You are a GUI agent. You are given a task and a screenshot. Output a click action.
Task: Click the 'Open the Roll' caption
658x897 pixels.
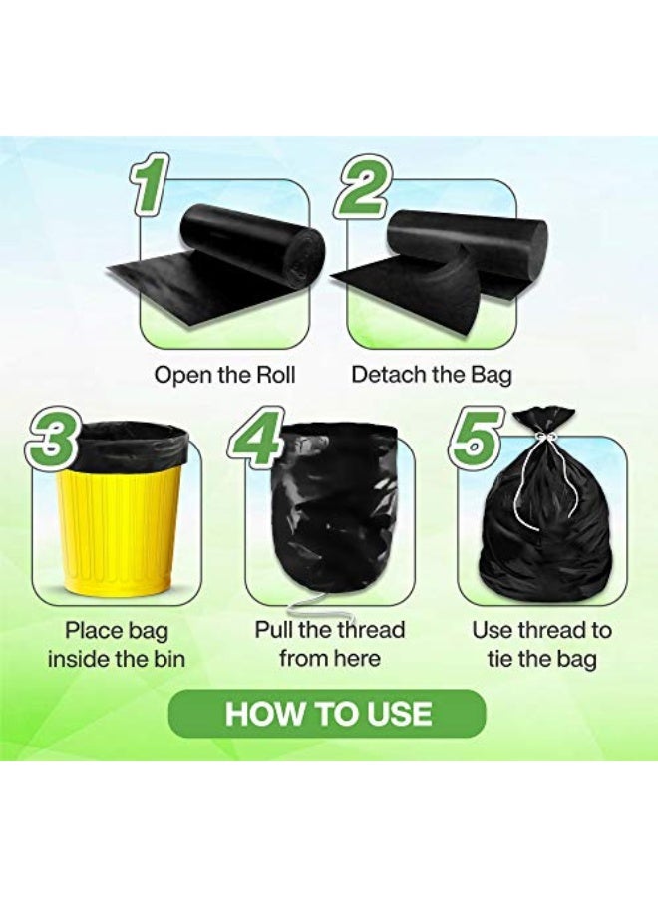point(224,376)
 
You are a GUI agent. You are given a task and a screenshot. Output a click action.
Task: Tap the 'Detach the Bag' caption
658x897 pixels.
point(432,376)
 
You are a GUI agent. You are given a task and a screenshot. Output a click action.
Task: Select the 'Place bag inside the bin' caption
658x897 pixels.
point(117,644)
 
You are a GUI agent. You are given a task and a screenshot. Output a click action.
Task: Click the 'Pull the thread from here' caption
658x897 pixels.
point(330,644)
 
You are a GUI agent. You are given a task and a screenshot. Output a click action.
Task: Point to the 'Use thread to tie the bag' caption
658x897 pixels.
point(541,644)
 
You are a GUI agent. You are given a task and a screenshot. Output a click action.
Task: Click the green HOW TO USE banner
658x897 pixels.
point(327,714)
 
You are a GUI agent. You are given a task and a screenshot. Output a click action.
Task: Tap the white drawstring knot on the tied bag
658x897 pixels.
point(543,439)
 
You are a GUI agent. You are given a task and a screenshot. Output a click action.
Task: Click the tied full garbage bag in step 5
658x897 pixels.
point(543,528)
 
